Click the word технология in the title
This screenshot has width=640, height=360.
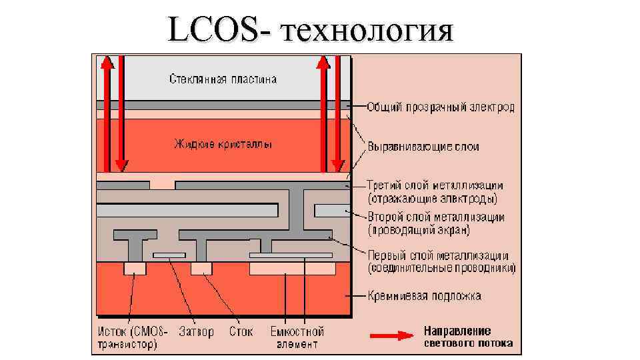(x=367, y=31)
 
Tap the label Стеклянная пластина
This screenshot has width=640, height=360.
(x=223, y=79)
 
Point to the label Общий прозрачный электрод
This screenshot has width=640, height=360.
(x=441, y=107)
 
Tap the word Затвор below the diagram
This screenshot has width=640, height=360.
(x=197, y=331)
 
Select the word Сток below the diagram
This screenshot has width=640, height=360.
(x=241, y=331)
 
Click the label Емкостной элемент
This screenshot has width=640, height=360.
(x=297, y=337)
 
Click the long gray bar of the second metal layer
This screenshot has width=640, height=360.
(x=187, y=211)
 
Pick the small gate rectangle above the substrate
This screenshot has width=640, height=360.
(x=170, y=255)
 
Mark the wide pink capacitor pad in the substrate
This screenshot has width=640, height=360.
(x=292, y=268)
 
